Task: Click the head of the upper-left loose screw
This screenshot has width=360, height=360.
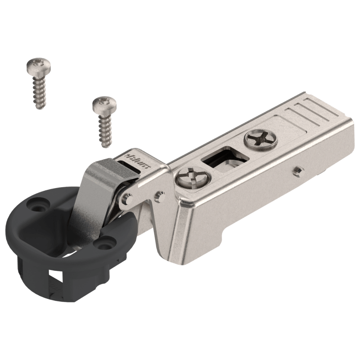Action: tap(38, 65)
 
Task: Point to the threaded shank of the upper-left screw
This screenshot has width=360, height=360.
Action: tap(39, 92)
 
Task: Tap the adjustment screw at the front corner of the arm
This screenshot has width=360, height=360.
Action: tap(193, 177)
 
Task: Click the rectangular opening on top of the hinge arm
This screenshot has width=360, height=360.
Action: tap(225, 158)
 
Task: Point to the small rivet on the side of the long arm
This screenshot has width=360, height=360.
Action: tap(298, 171)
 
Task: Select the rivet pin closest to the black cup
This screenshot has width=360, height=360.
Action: tap(126, 198)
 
